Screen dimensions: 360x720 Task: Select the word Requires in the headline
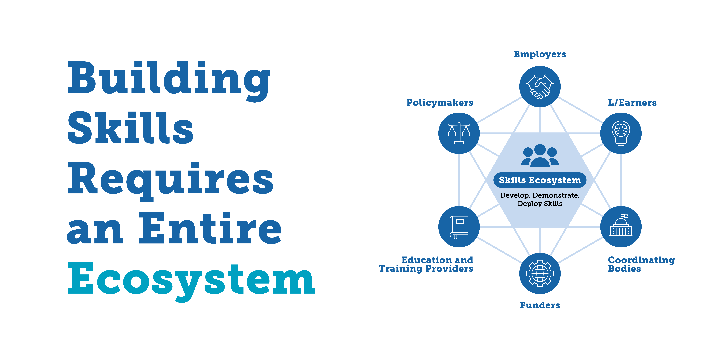point(170,179)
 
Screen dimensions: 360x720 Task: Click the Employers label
point(540,54)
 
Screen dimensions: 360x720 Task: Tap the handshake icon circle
point(540,87)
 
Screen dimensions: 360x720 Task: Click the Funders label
point(540,305)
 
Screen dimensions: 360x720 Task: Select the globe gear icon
point(540,273)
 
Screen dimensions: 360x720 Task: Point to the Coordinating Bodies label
point(641,264)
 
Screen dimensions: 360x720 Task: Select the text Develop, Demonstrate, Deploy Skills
point(540,199)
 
